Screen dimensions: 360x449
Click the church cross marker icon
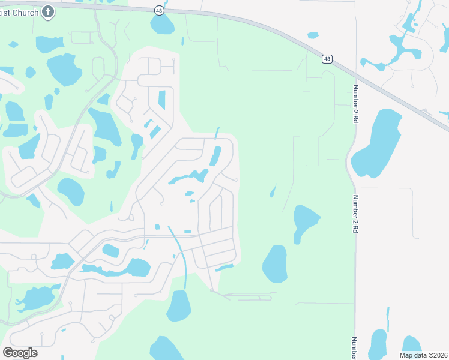click(49, 11)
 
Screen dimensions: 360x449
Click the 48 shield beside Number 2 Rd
click(327, 59)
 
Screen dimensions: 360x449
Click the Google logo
click(20, 353)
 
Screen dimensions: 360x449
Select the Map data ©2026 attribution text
click(424, 355)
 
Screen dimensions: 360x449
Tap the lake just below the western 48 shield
click(162, 25)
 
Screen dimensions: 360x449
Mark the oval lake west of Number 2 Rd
click(275, 263)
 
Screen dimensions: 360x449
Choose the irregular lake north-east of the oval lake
click(304, 222)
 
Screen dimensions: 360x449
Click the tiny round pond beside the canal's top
click(157, 227)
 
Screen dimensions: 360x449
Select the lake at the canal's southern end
click(179, 306)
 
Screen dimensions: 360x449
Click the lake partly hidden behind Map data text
click(411, 343)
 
